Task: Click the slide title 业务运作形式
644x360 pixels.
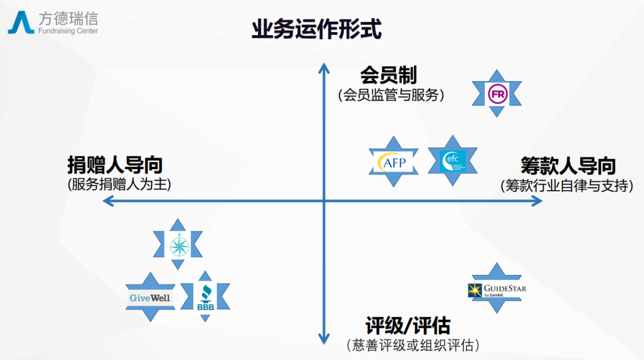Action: click(x=316, y=29)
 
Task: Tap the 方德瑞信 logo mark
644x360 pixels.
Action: click(x=21, y=23)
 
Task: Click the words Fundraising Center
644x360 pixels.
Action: click(x=68, y=31)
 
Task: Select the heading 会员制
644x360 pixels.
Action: click(x=388, y=76)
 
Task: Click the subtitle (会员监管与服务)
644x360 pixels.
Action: click(x=391, y=94)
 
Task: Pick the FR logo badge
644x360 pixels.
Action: click(x=496, y=93)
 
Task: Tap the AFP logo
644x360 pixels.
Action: click(x=393, y=162)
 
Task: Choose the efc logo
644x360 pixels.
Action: click(x=453, y=160)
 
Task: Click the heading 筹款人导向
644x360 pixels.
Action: click(x=568, y=166)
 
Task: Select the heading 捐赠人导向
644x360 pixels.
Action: click(x=115, y=165)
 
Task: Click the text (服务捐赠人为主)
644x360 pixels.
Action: click(x=119, y=184)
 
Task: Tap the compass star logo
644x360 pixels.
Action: click(x=178, y=244)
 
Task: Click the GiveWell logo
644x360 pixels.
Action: click(x=150, y=297)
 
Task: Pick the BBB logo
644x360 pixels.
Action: click(x=205, y=297)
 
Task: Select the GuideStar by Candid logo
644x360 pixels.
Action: click(x=497, y=289)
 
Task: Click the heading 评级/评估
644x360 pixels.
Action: click(x=408, y=326)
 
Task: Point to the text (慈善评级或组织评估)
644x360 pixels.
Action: click(x=413, y=345)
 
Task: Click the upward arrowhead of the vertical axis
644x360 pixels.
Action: click(x=324, y=67)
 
